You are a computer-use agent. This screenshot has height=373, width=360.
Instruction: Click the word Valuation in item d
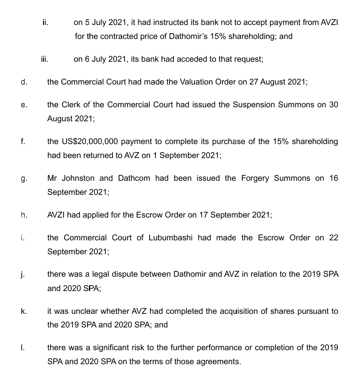tap(197, 82)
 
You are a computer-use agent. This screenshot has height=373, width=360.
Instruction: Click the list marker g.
tap(24, 179)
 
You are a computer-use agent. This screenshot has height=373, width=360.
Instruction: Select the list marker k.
tap(24, 311)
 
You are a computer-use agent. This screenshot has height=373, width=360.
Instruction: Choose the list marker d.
tap(24, 82)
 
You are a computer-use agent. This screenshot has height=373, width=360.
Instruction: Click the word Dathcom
tap(134, 178)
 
